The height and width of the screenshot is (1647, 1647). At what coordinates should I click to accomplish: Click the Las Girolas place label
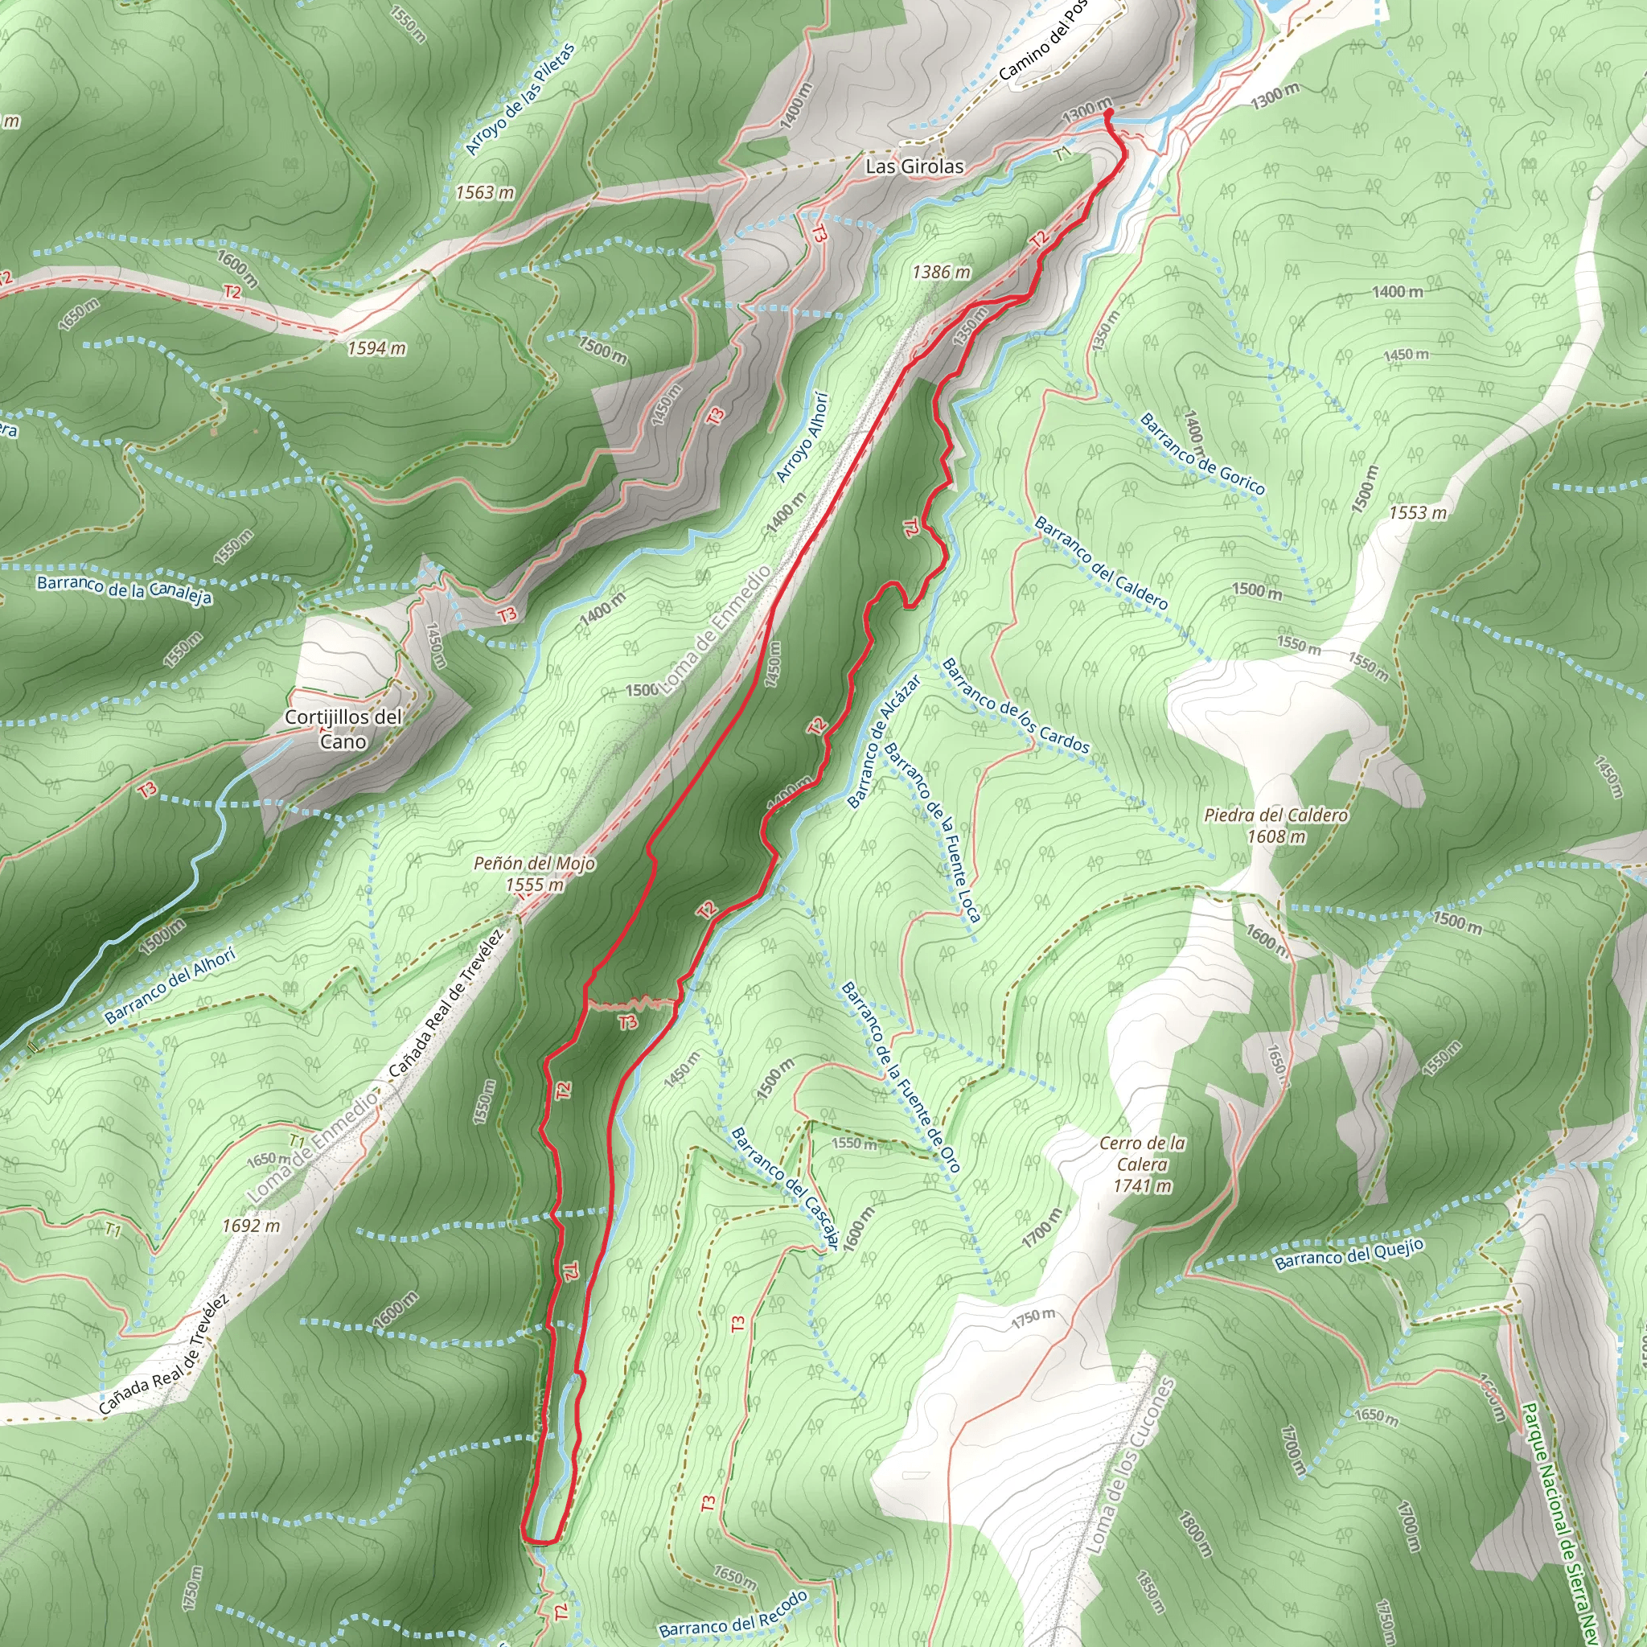914,166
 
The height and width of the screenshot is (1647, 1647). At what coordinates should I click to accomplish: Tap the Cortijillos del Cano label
343,729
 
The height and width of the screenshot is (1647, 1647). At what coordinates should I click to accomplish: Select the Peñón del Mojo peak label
535,874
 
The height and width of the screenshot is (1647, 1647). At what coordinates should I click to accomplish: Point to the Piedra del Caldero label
1276,825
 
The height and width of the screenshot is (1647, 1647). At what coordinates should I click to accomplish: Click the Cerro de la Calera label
1142,1164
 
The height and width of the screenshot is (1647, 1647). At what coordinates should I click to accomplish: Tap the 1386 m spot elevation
941,272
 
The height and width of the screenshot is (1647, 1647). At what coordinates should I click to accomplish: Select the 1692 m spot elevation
251,1226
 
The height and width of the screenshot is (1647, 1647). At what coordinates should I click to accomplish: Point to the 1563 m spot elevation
484,193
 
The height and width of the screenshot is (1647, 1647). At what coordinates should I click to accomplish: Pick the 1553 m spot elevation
1418,512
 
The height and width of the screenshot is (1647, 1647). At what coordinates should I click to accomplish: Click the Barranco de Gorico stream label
1202,454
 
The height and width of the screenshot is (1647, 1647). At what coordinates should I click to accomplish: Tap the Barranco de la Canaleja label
125,589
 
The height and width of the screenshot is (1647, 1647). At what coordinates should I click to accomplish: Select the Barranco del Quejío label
1349,1253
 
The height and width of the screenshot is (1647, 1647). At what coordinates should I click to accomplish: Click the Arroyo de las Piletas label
520,100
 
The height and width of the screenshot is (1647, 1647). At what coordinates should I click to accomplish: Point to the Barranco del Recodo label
733,1615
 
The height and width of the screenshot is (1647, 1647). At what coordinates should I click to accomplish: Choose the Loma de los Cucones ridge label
1131,1464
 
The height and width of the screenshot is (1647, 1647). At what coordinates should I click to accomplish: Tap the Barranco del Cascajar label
785,1189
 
